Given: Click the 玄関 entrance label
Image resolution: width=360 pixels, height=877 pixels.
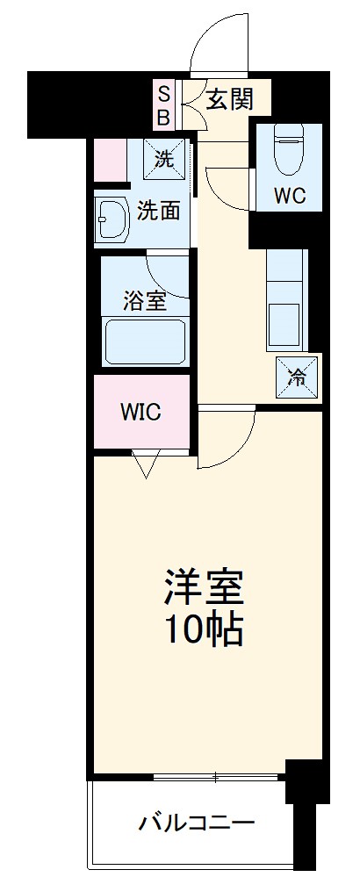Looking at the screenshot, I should pyautogui.click(x=229, y=99).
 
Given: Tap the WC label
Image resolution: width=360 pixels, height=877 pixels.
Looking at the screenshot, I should pyautogui.click(x=290, y=195).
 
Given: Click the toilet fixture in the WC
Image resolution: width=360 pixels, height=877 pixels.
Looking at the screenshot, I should pyautogui.click(x=288, y=149).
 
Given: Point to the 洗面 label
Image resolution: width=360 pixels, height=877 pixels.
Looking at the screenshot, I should pyautogui.click(x=159, y=211).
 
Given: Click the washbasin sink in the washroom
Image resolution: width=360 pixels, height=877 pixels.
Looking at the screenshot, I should pyautogui.click(x=113, y=218).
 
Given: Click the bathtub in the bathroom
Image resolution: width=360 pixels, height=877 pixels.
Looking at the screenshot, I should pyautogui.click(x=144, y=341).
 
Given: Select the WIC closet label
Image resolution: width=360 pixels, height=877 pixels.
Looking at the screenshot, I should pyautogui.click(x=141, y=413).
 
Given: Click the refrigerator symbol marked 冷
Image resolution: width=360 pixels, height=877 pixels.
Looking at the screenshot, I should pyautogui.click(x=298, y=378).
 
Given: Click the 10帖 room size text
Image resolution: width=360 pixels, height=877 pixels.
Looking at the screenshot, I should pyautogui.click(x=203, y=629).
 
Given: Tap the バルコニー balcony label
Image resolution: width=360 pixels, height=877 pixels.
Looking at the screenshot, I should pyautogui.click(x=196, y=823).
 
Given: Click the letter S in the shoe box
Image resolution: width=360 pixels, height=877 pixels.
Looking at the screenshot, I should pyautogui.click(x=164, y=90).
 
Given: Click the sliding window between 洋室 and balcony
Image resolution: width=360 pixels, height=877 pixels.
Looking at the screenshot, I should pyautogui.click(x=215, y=777).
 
